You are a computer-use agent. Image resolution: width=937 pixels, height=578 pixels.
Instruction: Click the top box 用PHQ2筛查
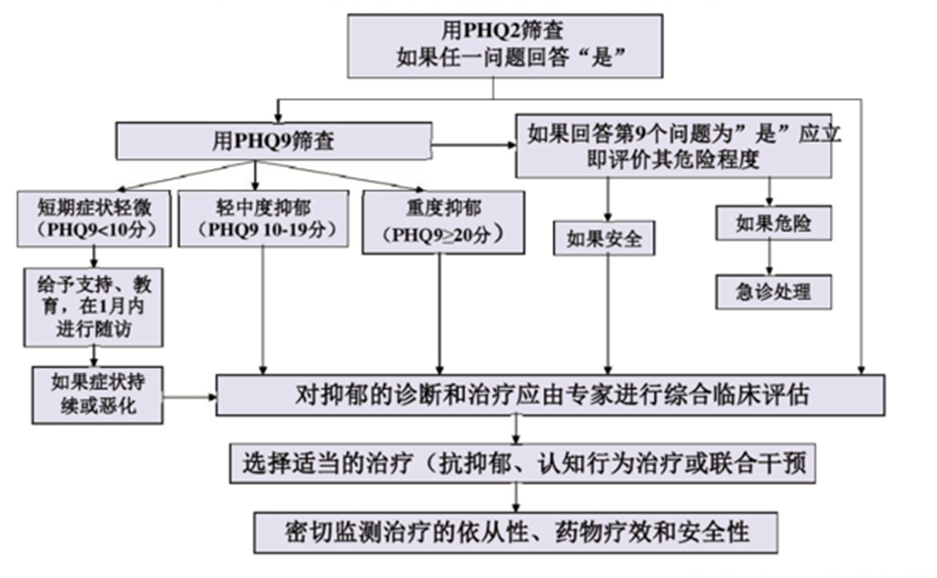(505, 45)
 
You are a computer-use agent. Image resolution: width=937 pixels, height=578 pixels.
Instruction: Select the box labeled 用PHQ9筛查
(274, 141)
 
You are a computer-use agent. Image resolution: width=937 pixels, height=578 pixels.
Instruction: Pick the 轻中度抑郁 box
(261, 218)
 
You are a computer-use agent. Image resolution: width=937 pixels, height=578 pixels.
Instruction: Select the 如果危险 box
(774, 224)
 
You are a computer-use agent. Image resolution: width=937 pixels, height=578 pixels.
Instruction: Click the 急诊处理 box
(774, 292)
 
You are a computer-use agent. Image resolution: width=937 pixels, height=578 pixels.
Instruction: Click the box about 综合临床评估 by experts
(550, 396)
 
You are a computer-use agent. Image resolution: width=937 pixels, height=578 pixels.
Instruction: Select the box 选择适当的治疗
(522, 463)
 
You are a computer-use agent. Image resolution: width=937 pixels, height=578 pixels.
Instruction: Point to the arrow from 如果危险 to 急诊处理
(773, 256)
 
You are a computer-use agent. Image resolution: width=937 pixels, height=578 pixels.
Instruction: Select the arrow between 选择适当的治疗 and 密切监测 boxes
(516, 497)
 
